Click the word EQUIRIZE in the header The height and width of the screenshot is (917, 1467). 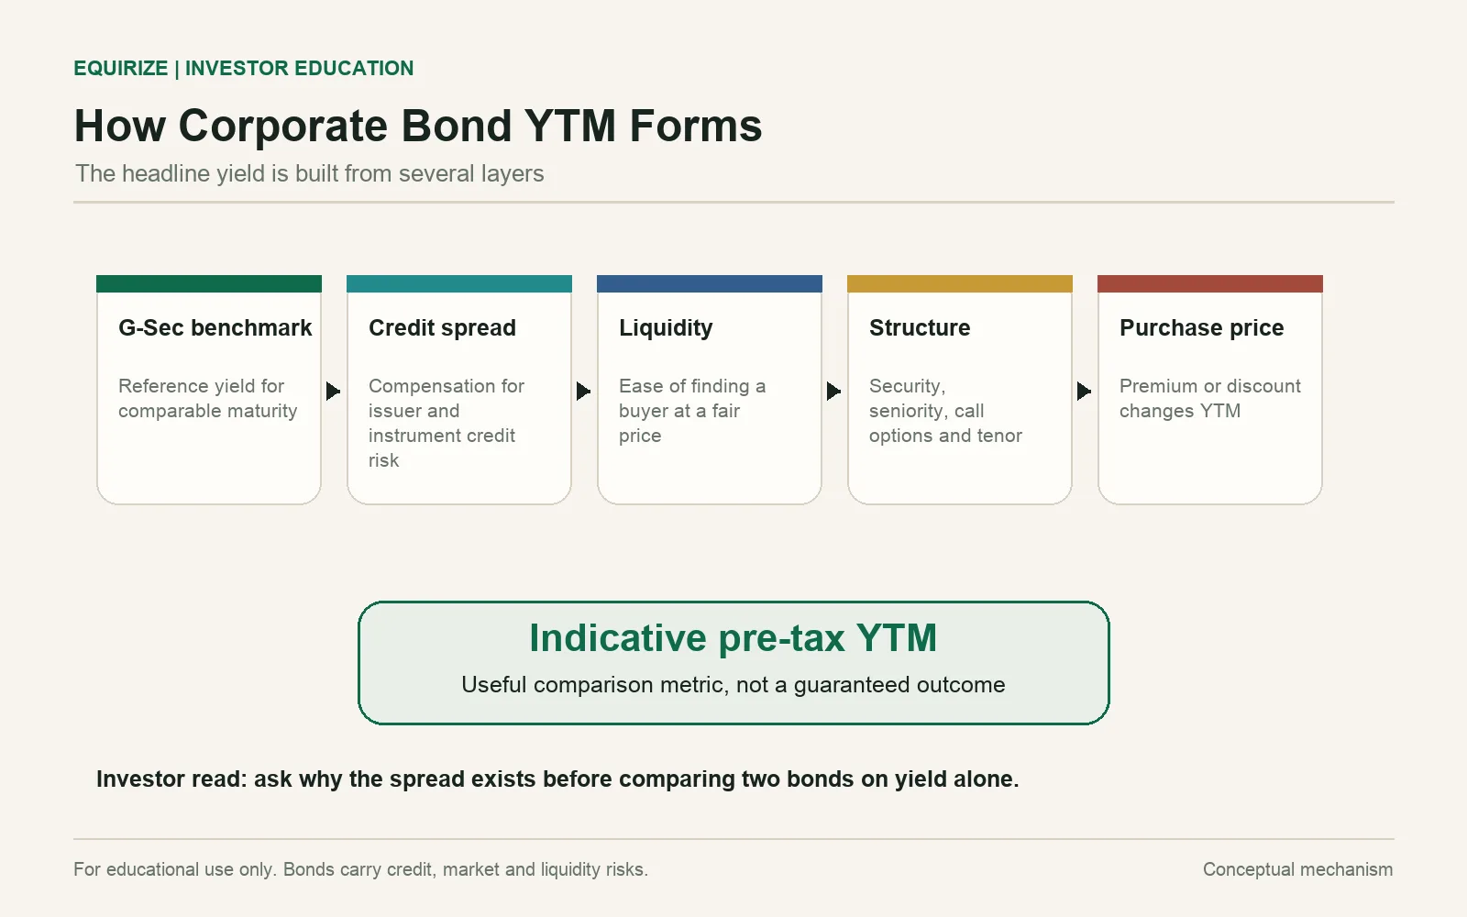121,68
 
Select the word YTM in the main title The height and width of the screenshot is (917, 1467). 569,126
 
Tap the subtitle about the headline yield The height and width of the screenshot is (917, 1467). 309,173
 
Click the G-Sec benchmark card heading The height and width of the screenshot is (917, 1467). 215,327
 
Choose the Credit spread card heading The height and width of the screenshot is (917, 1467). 442,327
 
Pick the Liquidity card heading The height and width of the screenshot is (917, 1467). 666,328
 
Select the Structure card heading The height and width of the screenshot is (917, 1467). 920,327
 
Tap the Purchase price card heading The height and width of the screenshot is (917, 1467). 1201,327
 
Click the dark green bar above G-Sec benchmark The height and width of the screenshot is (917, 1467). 209,283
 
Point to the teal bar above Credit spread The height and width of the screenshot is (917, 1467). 459,283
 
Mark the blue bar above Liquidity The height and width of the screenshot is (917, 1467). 710,283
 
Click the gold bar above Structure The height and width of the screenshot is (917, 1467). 959,283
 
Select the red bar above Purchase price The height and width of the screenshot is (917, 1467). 1209,283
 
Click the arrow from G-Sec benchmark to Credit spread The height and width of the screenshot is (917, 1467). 333,391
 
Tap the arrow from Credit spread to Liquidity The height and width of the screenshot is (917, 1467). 583,391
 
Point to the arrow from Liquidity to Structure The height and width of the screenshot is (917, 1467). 833,391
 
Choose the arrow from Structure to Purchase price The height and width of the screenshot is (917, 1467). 1083,391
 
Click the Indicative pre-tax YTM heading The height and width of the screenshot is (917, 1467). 733,638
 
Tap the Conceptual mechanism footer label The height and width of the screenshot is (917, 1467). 1297,869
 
